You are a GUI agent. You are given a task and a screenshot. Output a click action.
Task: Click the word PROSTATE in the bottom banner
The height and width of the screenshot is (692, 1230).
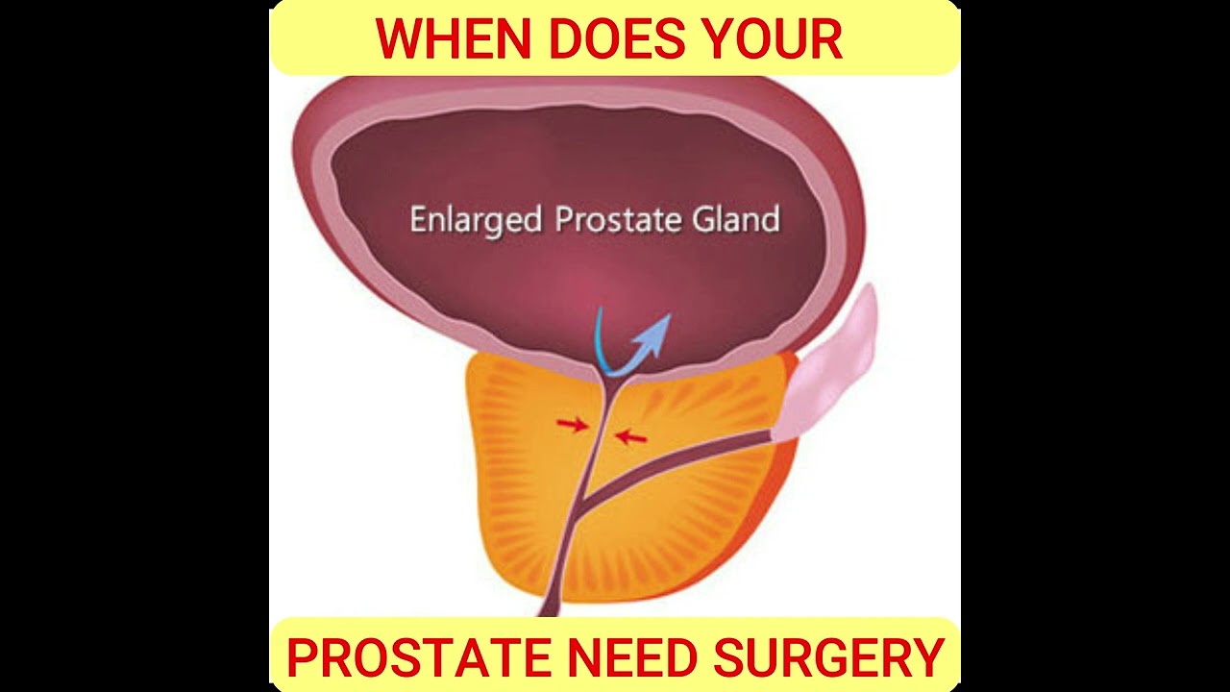click(419, 658)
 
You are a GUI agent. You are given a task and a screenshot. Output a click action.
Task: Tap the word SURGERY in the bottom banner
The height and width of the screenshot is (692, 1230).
click(829, 658)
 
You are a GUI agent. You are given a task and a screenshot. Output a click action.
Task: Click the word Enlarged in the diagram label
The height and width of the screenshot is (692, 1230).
click(476, 220)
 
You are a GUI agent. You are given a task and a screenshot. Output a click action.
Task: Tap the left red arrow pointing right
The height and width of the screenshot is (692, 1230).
click(572, 424)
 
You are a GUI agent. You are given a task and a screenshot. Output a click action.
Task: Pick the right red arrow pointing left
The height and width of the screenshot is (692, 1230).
click(631, 437)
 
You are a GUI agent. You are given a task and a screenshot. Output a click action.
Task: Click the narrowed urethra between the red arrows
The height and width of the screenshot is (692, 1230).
click(601, 431)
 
